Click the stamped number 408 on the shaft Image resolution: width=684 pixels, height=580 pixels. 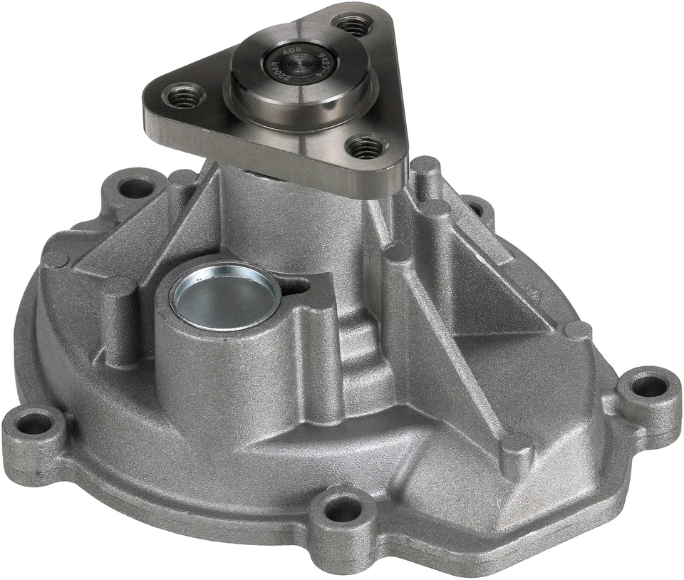pyautogui.click(x=291, y=53)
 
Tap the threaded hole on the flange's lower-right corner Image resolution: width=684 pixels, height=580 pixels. pyautogui.click(x=367, y=147)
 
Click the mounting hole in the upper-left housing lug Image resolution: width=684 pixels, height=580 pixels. pyautogui.click(x=133, y=187)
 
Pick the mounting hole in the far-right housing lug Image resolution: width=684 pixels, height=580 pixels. pyautogui.click(x=648, y=386)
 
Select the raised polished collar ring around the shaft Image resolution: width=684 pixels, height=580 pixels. pyautogui.click(x=299, y=89)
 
